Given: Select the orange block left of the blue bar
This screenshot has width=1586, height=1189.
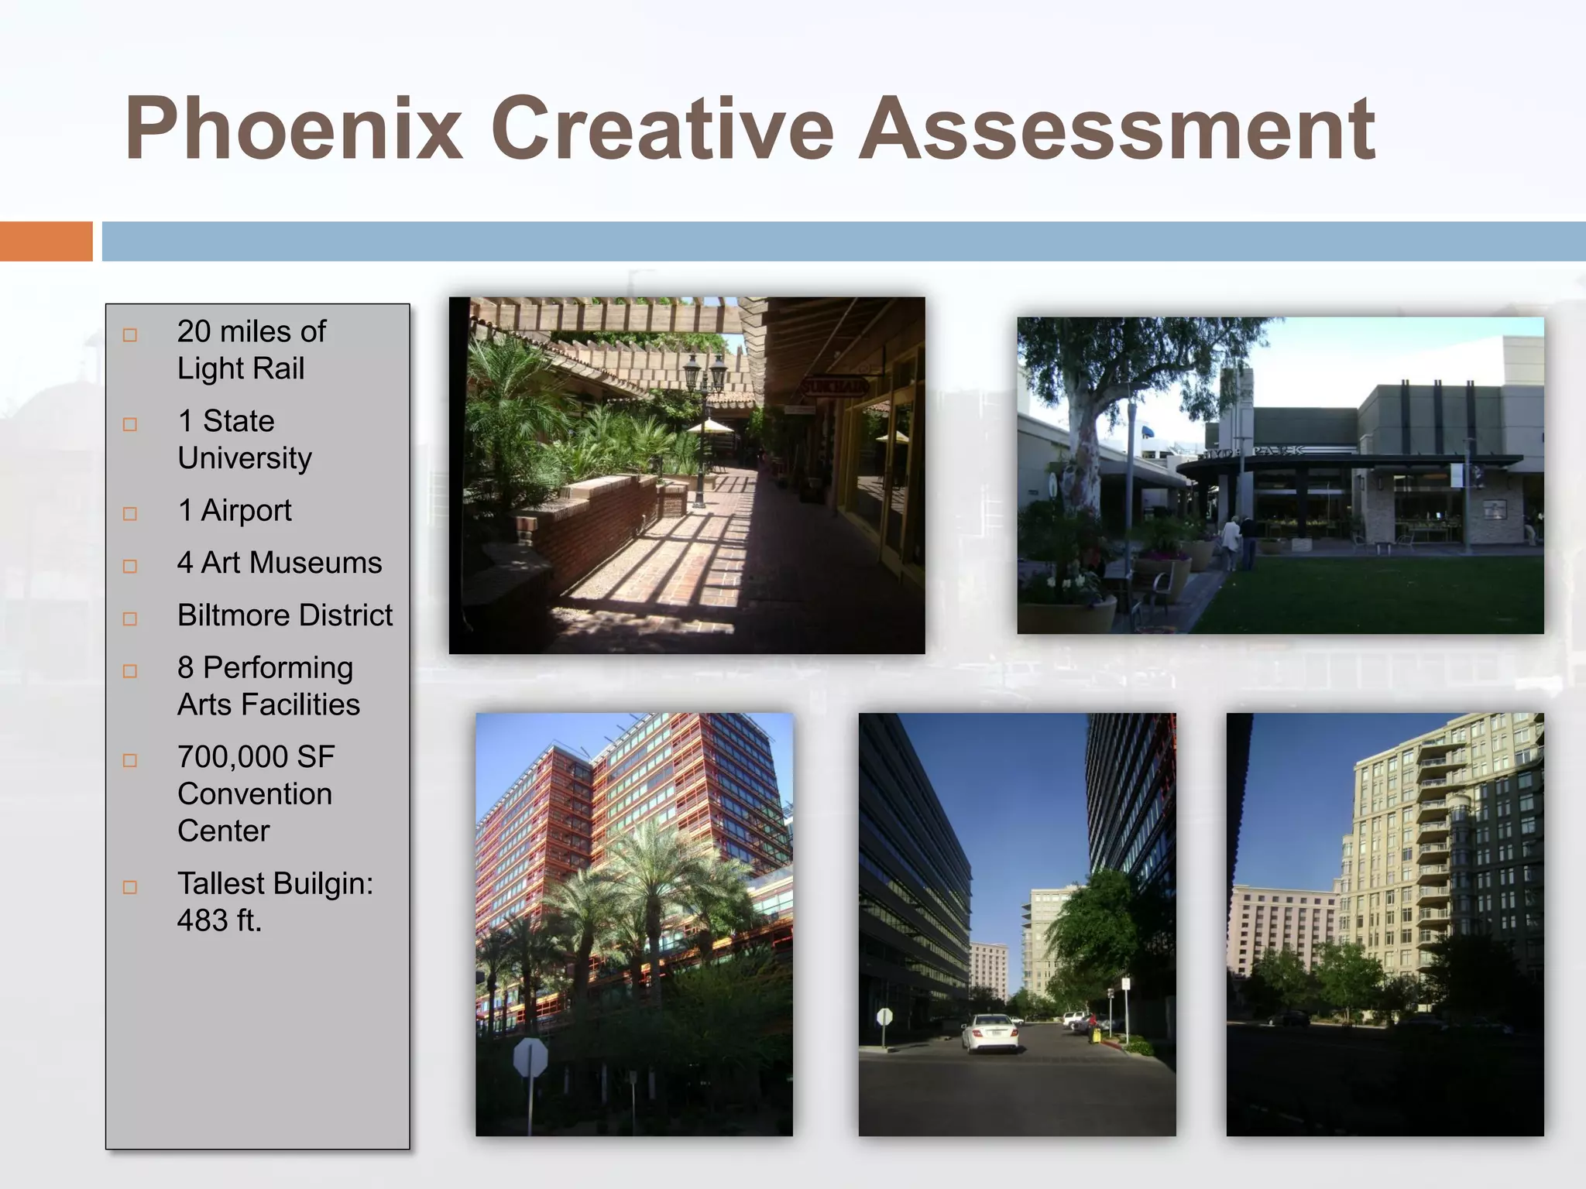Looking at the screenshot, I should click(x=46, y=242).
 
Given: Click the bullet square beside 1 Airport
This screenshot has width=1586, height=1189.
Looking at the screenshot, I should click(x=130, y=514).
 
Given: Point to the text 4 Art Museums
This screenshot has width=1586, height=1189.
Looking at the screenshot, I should click(x=279, y=563).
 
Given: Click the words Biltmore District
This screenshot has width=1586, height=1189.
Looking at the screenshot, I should click(x=284, y=615).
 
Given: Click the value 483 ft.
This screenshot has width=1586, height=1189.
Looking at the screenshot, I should click(x=219, y=920).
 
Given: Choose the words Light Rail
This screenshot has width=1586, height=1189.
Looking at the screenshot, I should click(x=240, y=368).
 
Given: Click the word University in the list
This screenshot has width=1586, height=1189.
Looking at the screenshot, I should click(x=244, y=458).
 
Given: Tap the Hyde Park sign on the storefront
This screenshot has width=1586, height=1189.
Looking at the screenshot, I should click(x=1255, y=451).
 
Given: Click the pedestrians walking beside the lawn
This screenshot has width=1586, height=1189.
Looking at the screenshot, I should click(x=1238, y=540).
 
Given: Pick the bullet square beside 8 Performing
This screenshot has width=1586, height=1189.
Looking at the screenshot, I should click(x=130, y=671).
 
